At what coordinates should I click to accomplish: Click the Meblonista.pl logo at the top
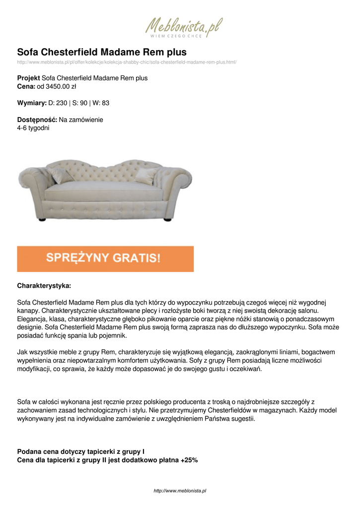click(183, 27)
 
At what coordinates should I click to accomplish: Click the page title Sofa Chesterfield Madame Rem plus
click(102, 52)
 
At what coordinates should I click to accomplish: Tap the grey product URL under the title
click(127, 62)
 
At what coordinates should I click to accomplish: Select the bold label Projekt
click(28, 78)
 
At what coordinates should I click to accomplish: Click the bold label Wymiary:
click(31, 103)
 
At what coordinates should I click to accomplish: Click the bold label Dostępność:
click(37, 120)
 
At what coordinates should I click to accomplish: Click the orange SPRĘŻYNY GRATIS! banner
click(105, 258)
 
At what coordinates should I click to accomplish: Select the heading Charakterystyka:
click(44, 286)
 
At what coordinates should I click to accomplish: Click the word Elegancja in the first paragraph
click(33, 318)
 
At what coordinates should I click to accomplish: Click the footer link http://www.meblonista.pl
click(180, 491)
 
